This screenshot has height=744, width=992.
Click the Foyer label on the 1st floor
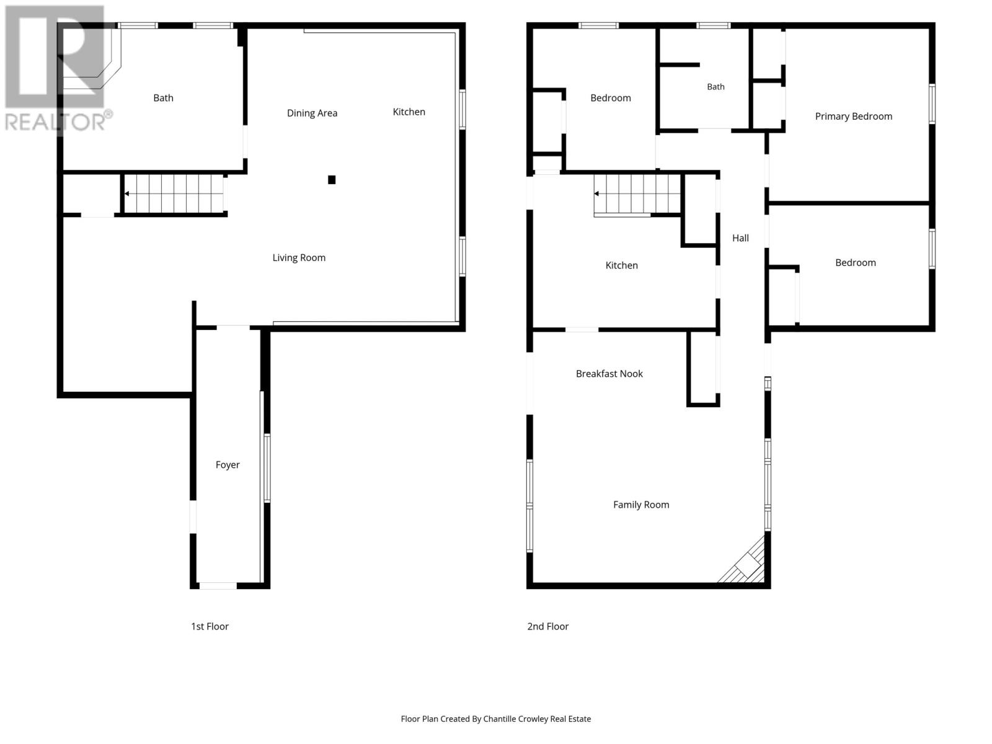228,465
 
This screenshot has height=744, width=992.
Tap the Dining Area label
312,113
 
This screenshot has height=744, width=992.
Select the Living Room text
299,257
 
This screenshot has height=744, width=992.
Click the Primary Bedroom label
853,117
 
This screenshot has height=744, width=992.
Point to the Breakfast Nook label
609,374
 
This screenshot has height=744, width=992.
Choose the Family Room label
641,505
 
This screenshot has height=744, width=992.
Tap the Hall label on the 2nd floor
740,238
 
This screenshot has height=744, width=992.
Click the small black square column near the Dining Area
332,180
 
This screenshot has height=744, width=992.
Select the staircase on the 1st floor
174,194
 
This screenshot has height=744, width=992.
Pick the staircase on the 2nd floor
637,194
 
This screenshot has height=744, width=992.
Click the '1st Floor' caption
210,626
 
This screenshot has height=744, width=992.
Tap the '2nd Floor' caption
547,626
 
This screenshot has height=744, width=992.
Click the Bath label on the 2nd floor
715,87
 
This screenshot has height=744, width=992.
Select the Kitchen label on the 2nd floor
621,265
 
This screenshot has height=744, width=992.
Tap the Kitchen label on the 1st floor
409,112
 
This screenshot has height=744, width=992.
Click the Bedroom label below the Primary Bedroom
855,262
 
